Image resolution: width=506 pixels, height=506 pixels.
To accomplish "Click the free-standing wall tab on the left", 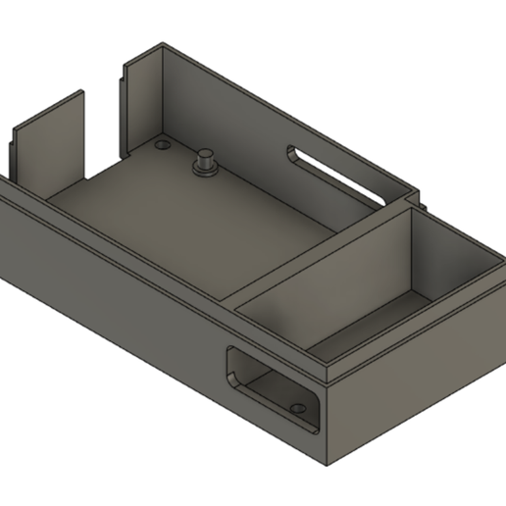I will (x=49, y=142).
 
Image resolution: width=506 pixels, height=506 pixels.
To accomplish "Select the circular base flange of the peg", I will (x=207, y=171).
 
